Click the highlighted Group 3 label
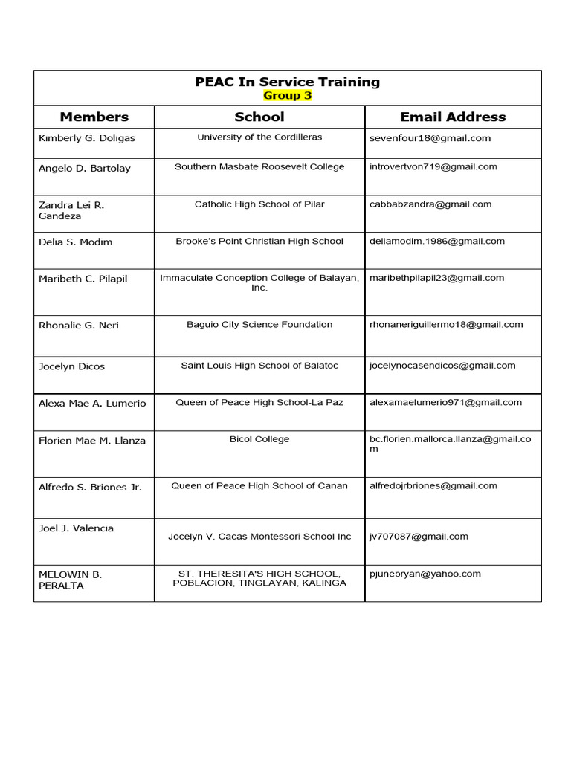pyautogui.click(x=287, y=96)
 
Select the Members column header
pyautogui.click(x=94, y=117)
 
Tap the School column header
pyautogui.click(x=259, y=117)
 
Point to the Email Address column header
pyautogui.click(x=453, y=117)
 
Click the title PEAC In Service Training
pyautogui.click(x=287, y=82)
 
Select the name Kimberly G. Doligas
pyautogui.click(x=87, y=138)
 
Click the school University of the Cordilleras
pyautogui.click(x=259, y=137)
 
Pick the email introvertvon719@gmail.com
pyautogui.click(x=433, y=167)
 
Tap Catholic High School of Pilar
pyautogui.click(x=259, y=204)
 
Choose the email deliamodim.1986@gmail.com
pyautogui.click(x=437, y=241)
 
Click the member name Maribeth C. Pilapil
pyautogui.click(x=83, y=279)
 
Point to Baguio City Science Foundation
pyautogui.click(x=259, y=325)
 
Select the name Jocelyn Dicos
pyautogui.click(x=72, y=366)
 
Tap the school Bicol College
pyautogui.click(x=259, y=439)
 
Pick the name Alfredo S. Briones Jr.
pyautogui.click(x=90, y=488)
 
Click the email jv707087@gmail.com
pyautogui.click(x=419, y=537)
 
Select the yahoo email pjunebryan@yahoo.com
pyautogui.click(x=425, y=574)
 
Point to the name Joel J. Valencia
pyautogui.click(x=77, y=528)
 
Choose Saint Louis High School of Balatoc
pyautogui.click(x=259, y=366)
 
